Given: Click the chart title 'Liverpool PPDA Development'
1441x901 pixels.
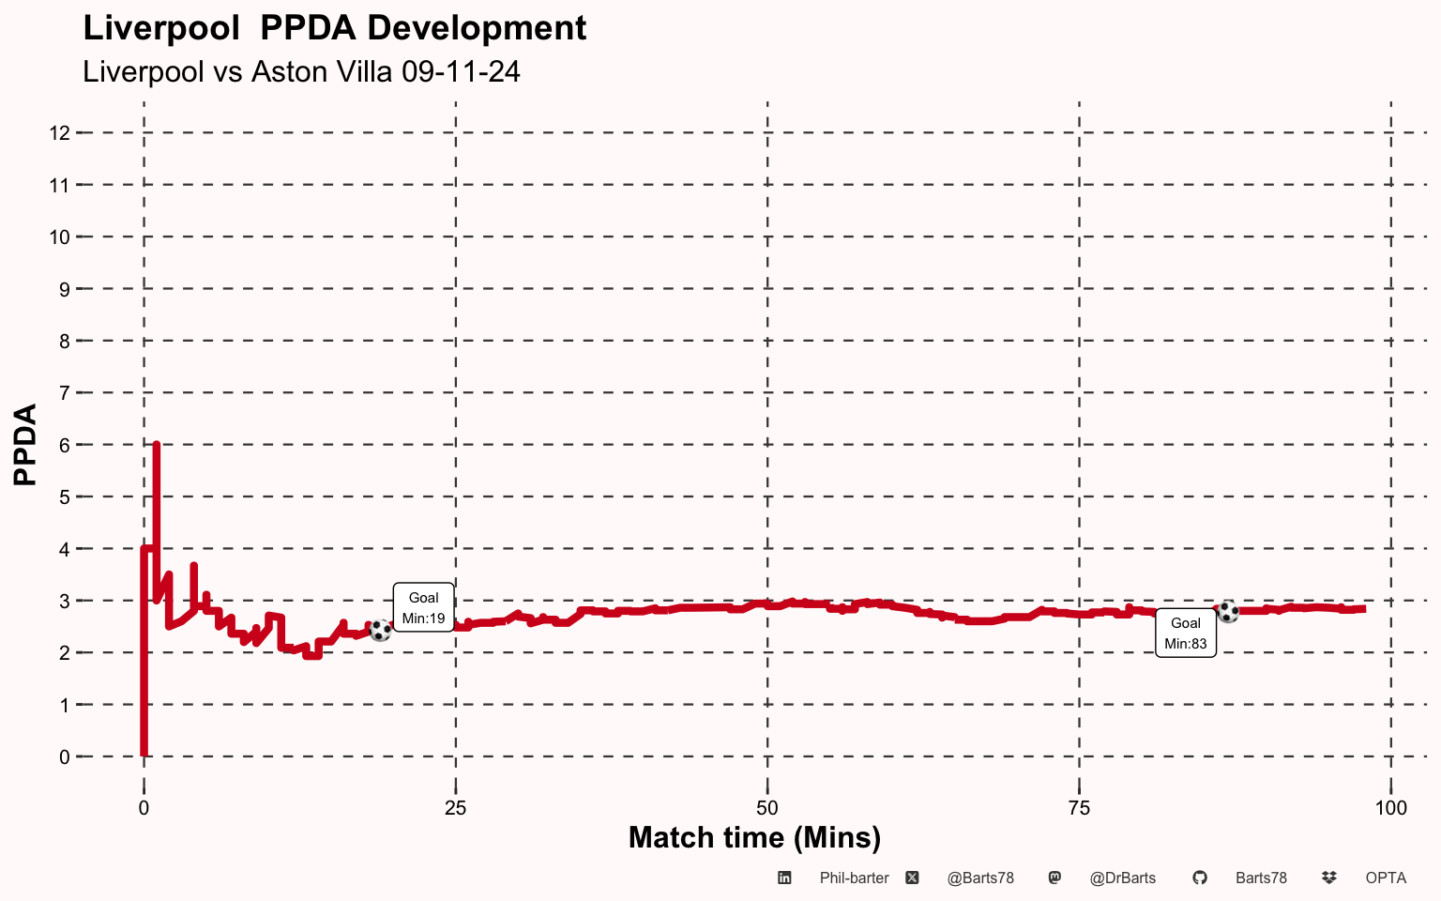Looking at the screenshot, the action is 335,29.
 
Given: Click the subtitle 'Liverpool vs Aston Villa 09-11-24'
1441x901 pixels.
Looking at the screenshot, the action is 301,71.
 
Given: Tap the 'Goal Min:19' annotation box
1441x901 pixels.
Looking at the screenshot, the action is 423,608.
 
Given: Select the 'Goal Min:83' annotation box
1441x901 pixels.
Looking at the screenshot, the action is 1186,634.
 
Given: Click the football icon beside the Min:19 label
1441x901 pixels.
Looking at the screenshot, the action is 380,630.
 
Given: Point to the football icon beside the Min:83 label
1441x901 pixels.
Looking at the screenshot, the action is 1228,611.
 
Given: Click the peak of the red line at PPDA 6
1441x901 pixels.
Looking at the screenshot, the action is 157,445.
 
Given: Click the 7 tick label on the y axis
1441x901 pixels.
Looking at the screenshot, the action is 65,392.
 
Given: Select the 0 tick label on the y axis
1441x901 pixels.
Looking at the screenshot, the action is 65,756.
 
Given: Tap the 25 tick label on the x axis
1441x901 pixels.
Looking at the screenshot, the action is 455,808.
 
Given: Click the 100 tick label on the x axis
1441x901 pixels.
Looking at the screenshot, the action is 1391,808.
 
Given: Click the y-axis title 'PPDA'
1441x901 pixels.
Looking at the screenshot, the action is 25,445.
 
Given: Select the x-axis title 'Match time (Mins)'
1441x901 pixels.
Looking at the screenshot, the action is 754,838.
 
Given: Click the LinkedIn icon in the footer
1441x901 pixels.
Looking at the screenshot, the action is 784,878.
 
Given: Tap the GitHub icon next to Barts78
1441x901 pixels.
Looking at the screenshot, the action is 1200,878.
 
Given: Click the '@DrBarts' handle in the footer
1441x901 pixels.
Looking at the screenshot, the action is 1123,878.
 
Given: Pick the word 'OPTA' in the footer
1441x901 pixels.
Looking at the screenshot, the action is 1386,878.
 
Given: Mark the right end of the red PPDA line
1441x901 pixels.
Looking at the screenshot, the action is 1364,609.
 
